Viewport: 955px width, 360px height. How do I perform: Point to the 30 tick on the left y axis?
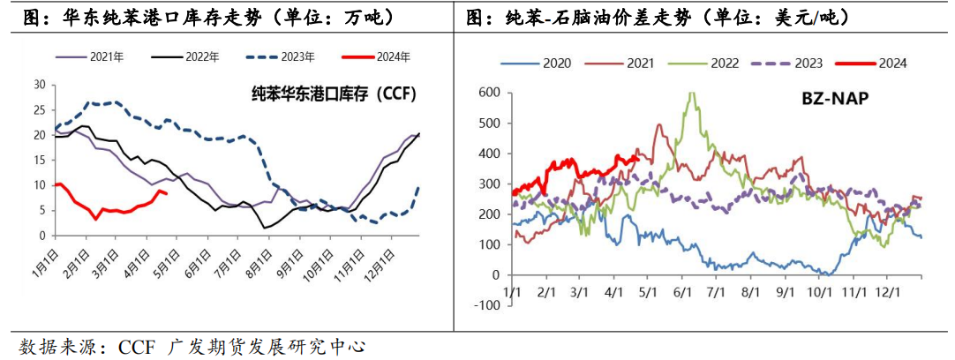tap(39, 85)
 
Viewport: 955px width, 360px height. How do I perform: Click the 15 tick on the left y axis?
tap(39, 160)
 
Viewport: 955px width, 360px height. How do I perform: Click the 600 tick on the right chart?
tap(488, 92)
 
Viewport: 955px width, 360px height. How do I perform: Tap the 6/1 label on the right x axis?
tap(681, 291)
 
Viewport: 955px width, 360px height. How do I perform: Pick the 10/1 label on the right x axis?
tap(818, 291)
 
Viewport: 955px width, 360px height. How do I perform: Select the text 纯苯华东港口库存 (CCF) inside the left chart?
tap(333, 93)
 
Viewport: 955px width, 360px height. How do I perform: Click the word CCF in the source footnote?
tap(136, 346)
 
